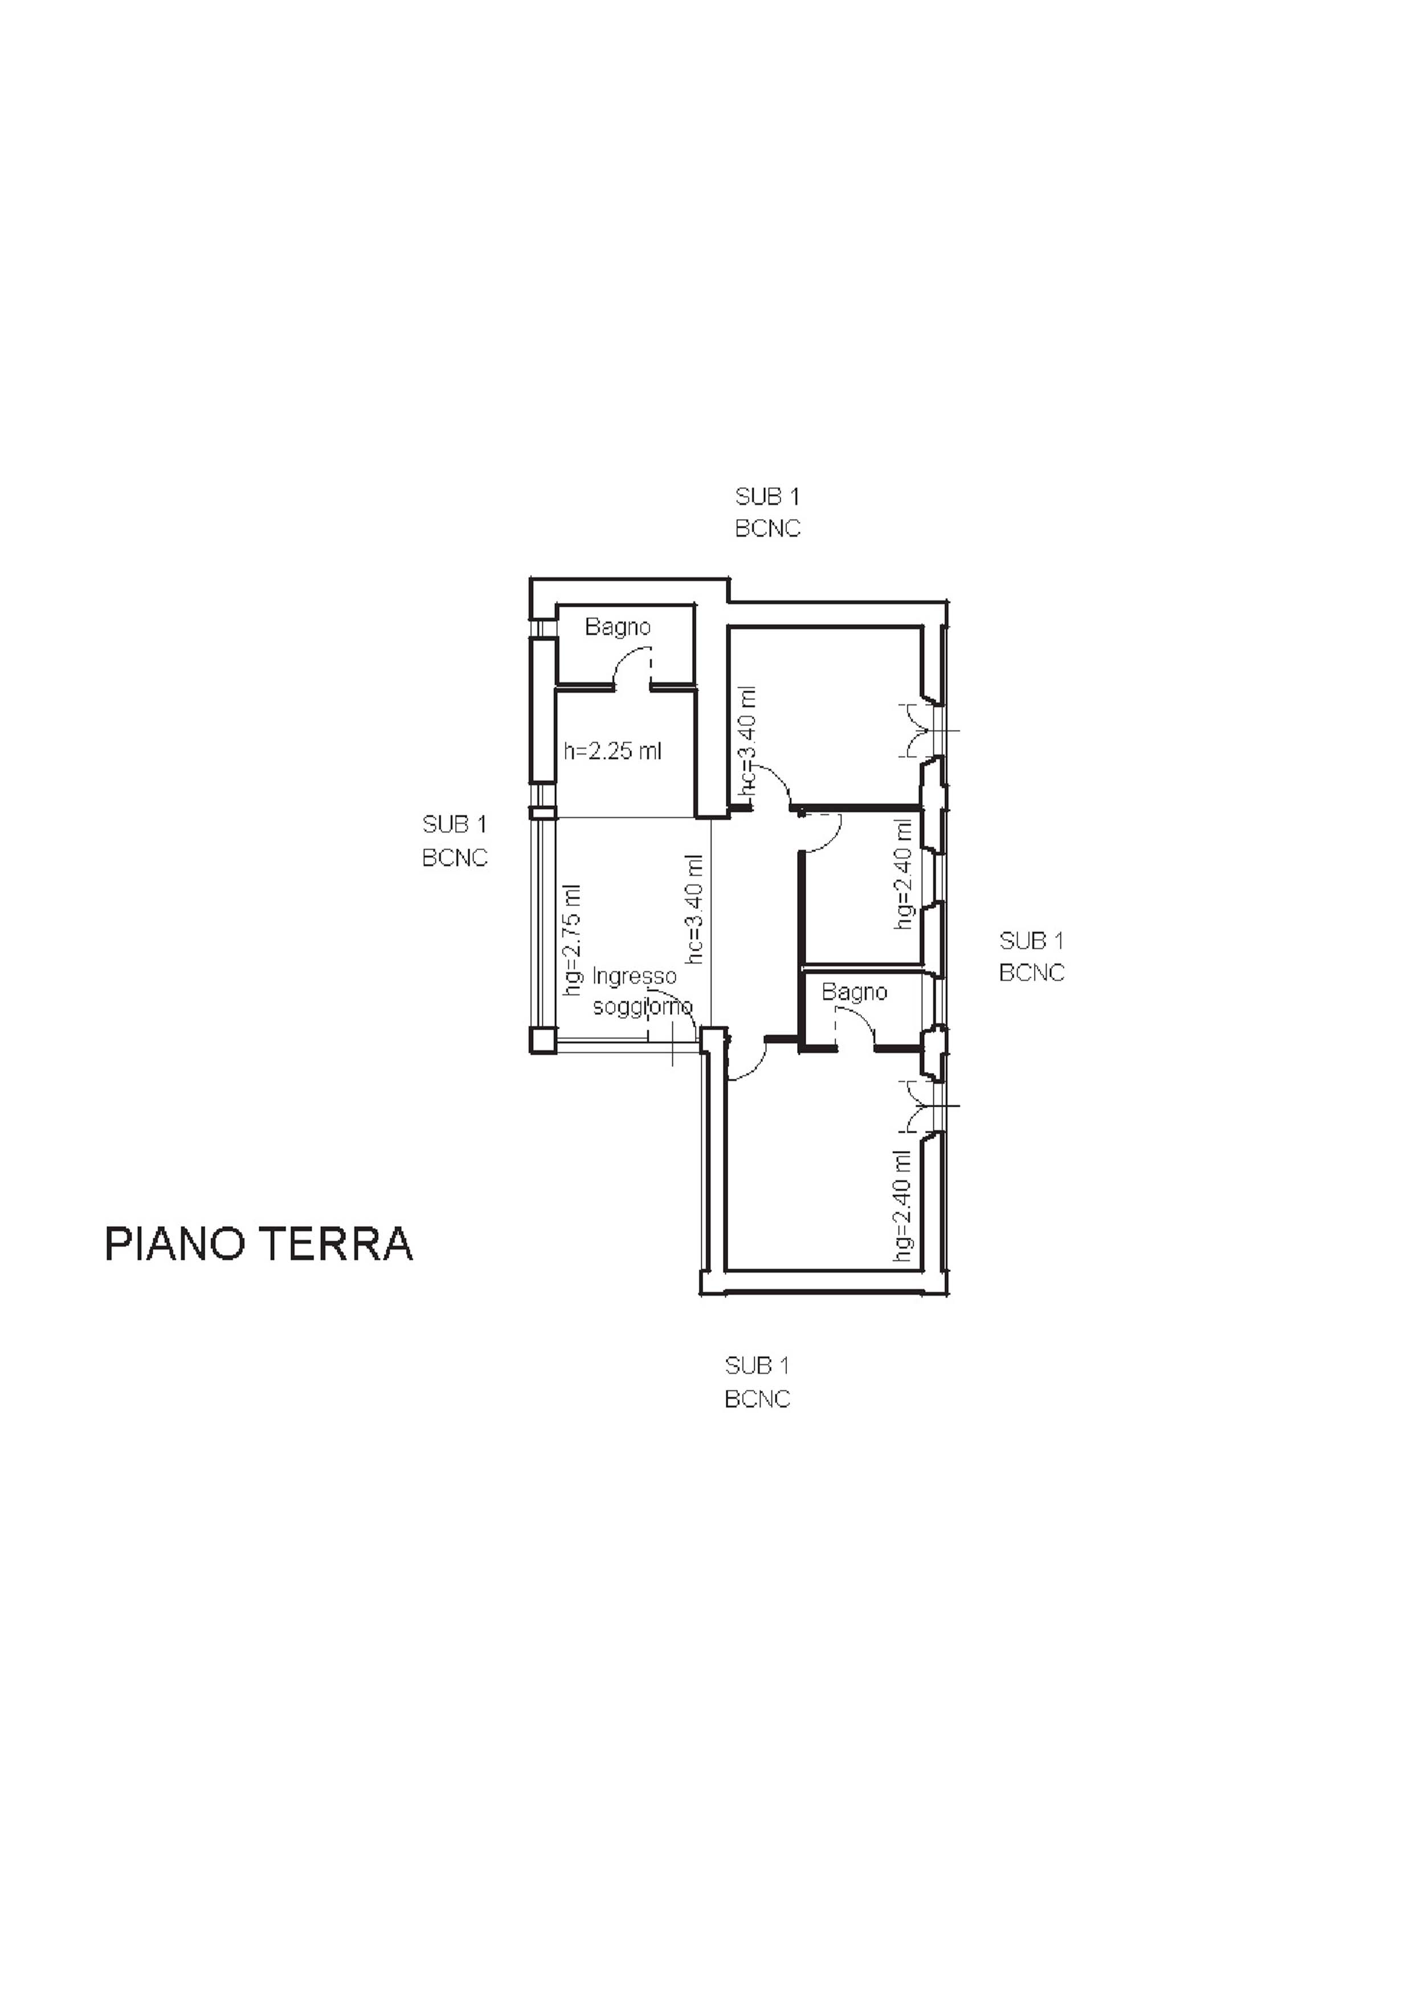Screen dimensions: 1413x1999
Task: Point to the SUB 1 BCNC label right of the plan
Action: [x=1032, y=957]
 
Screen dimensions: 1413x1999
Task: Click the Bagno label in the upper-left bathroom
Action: [x=617, y=627]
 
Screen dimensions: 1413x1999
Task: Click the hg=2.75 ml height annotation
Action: [x=572, y=940]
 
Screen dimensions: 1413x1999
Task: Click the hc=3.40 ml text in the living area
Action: [x=695, y=909]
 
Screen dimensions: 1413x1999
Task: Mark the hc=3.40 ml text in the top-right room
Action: [x=747, y=741]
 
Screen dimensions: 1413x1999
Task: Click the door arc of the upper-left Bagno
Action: [x=628, y=663]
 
